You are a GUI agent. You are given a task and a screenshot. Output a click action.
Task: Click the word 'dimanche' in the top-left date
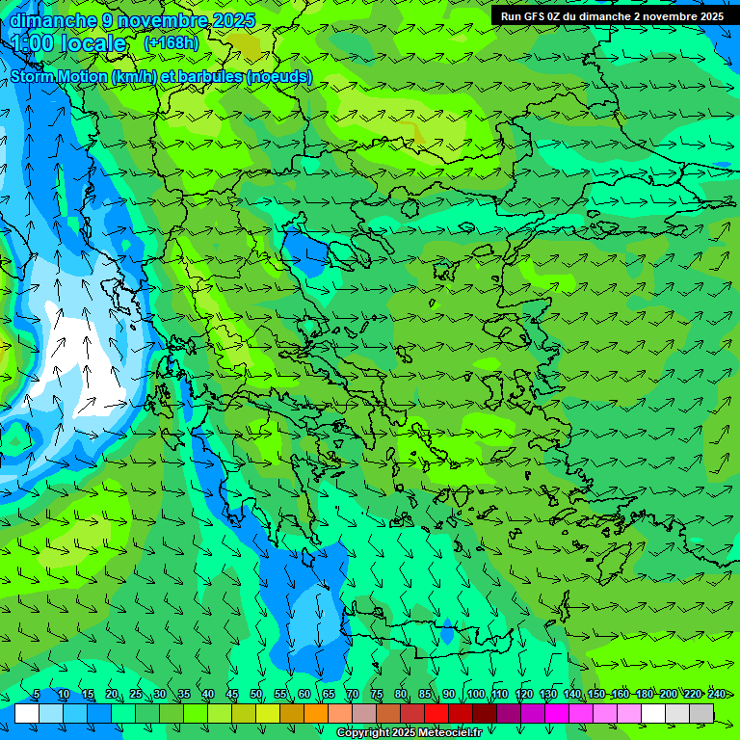pos(53,20)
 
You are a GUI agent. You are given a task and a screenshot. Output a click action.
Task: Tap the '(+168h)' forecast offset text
pos(172,42)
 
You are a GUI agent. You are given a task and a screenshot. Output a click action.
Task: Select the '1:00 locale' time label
pos(68,43)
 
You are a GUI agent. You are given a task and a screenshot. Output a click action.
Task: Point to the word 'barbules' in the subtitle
pos(203,77)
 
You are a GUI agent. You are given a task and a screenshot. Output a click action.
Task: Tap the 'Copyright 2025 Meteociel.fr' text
pos(410,733)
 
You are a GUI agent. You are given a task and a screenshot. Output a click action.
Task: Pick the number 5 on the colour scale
pos(37,695)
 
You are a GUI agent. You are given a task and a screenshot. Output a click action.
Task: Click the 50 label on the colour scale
pos(255,695)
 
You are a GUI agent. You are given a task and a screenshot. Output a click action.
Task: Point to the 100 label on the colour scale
pos(475,695)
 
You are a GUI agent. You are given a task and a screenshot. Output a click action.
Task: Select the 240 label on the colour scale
pos(716,695)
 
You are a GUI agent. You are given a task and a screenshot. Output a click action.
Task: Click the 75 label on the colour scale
pos(376,695)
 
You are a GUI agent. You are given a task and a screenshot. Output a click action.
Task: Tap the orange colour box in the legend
pos(316,713)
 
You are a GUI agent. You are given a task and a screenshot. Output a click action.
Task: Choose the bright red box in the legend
pos(436,713)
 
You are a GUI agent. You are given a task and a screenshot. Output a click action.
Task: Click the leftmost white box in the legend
pos(27,713)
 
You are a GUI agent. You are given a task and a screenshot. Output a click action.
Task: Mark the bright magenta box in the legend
pos(557,713)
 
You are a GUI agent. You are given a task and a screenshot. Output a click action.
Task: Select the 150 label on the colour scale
pos(595,695)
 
